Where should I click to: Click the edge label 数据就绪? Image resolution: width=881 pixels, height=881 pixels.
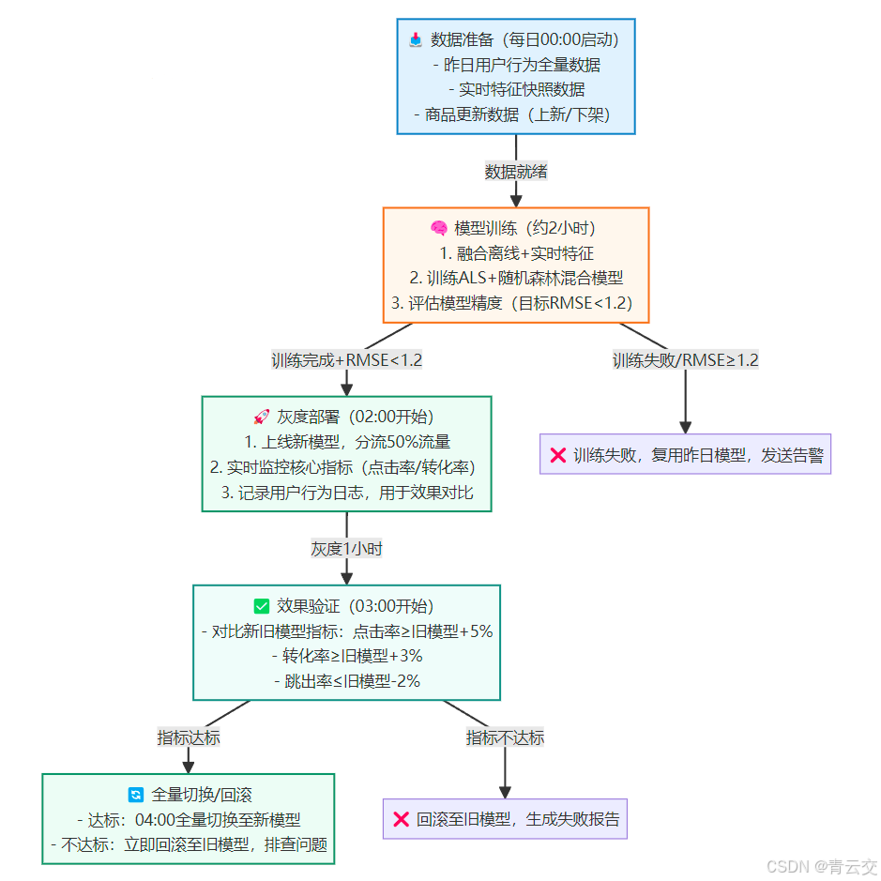click(516, 172)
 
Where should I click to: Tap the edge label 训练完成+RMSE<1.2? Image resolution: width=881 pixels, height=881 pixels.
click(346, 360)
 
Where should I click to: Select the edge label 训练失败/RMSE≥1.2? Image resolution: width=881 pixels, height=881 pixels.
click(685, 360)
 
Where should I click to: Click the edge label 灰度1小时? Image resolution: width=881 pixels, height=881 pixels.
click(346, 549)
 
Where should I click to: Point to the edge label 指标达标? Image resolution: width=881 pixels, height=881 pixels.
click(189, 737)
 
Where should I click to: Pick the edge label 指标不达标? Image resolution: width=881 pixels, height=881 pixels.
click(505, 737)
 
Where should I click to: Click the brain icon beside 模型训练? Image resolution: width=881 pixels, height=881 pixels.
click(439, 228)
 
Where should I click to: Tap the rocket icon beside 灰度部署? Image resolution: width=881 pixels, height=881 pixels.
click(262, 417)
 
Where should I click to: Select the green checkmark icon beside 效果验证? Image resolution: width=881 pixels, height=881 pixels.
click(262, 606)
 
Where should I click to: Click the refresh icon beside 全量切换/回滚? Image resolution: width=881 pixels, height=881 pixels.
click(136, 795)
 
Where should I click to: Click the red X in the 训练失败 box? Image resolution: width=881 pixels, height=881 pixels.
click(557, 455)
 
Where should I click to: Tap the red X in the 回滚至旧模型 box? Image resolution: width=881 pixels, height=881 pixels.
click(401, 819)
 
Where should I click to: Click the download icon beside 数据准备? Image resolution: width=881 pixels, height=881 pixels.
click(416, 39)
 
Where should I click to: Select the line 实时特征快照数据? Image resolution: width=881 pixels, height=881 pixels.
click(516, 90)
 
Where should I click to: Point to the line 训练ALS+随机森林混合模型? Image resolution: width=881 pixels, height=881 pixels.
click(516, 279)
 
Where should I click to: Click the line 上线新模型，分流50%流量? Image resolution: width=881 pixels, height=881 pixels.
click(346, 442)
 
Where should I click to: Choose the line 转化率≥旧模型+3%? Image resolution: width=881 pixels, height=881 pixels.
click(346, 656)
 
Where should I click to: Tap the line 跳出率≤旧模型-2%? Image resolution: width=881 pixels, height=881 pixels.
click(346, 681)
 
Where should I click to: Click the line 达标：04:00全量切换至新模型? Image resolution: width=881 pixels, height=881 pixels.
click(189, 819)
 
